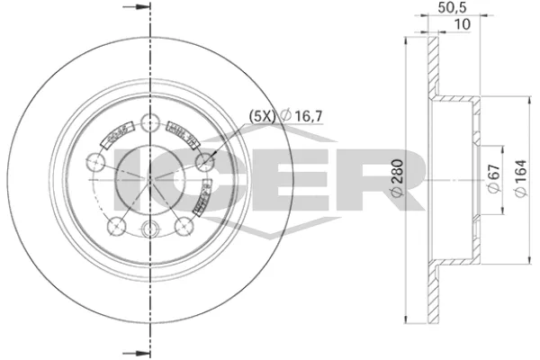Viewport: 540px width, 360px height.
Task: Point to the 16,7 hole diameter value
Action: pyautogui.click(x=302, y=115)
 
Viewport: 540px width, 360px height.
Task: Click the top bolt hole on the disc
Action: pyautogui.click(x=149, y=124)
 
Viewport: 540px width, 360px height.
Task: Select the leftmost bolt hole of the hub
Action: pyautogui.click(x=95, y=163)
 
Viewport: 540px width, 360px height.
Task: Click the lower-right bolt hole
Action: pyautogui.click(x=184, y=226)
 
